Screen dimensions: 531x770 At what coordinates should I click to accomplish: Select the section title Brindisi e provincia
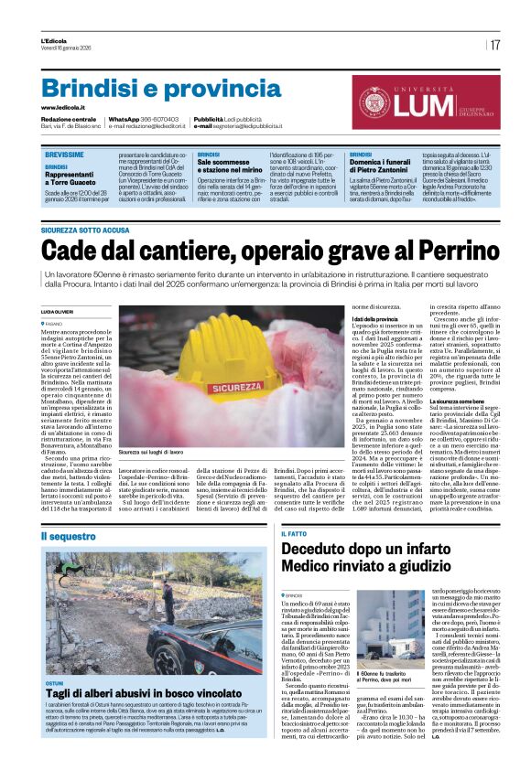point(136,89)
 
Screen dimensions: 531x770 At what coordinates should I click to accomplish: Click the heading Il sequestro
point(68,534)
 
